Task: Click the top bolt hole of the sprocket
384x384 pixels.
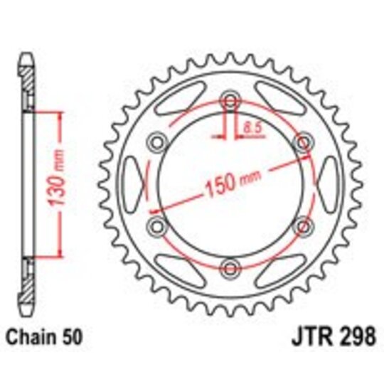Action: (x=229, y=100)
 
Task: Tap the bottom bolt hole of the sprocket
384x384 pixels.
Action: (x=229, y=267)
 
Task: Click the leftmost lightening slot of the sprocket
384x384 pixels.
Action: (x=133, y=183)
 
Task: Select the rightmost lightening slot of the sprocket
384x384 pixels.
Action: (x=325, y=183)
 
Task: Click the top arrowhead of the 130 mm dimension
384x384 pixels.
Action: (x=57, y=114)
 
